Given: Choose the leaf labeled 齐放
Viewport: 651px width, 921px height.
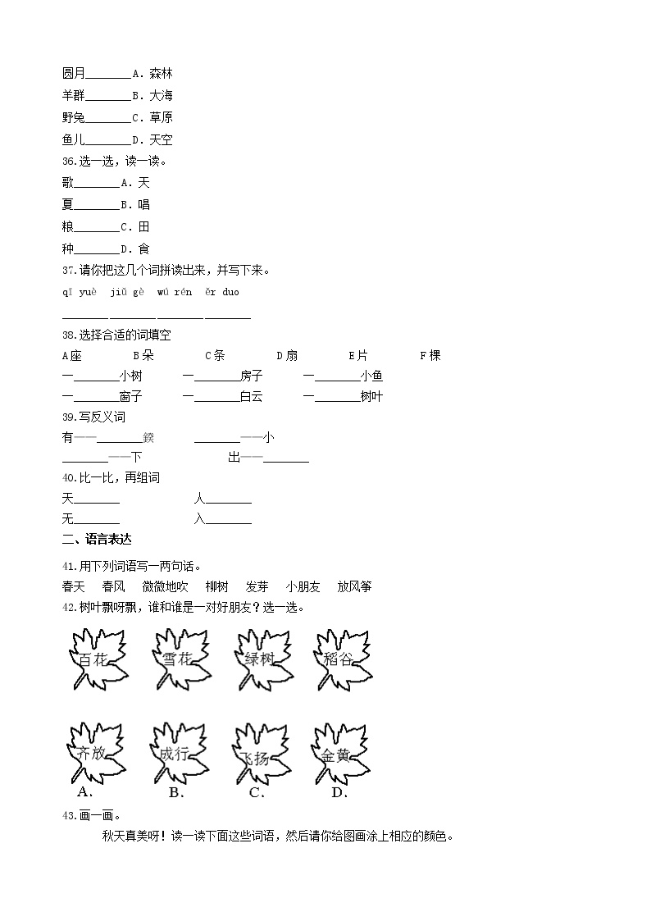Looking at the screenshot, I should (x=93, y=754).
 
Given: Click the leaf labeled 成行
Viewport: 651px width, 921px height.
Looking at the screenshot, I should (x=175, y=754).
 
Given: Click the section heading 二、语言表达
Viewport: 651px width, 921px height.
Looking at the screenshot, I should (x=96, y=539).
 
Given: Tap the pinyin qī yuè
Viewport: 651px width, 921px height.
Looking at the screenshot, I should (x=80, y=292).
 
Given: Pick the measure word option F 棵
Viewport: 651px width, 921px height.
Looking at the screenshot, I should (x=430, y=355).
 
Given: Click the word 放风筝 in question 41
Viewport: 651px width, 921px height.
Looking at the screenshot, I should (x=354, y=586).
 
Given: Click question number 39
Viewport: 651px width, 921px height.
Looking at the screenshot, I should (x=69, y=417).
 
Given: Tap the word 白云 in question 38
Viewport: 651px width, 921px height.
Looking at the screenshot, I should (x=251, y=396).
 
